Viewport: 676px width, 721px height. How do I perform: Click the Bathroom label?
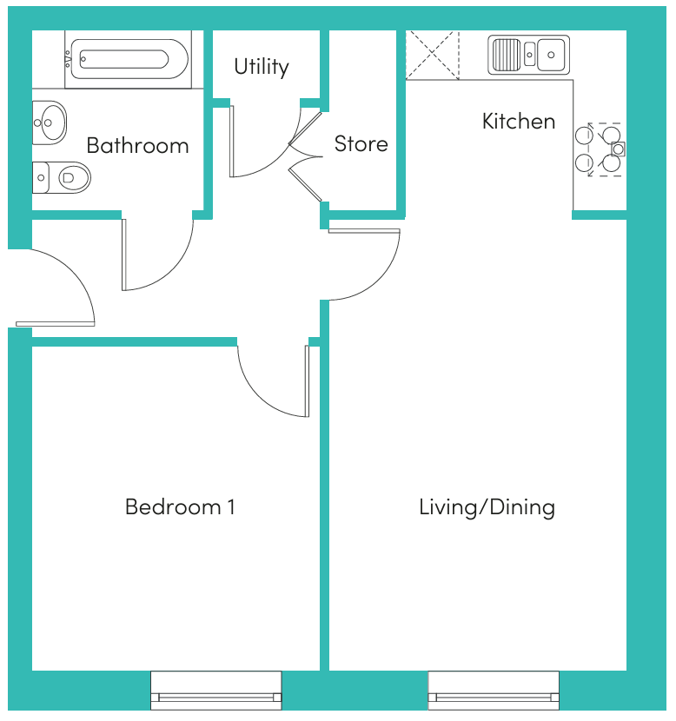pos(137,146)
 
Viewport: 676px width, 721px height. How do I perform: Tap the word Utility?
pos(262,67)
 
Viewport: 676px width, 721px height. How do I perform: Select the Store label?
pos(361,144)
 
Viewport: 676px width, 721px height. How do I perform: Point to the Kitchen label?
pos(519,122)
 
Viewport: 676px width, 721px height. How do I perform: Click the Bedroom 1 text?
pos(180,506)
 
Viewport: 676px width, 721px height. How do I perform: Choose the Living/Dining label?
pos(487,507)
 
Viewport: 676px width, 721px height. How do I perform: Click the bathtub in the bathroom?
pos(129,59)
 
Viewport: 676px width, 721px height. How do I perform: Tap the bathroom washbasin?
pos(50,122)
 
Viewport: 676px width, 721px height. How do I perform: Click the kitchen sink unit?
pos(528,55)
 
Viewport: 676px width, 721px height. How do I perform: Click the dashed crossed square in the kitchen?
pos(432,56)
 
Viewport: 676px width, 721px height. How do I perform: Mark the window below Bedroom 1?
pos(216,691)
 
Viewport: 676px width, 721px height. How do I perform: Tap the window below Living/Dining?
pos(494,691)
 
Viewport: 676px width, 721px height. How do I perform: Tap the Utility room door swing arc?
pos(282,155)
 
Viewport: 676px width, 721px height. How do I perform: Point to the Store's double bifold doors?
pos(306,156)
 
